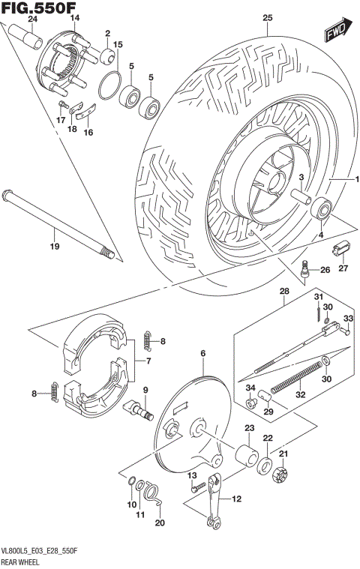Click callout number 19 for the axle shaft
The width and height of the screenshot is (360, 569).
[53, 247]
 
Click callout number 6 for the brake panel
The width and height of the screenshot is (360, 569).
[202, 352]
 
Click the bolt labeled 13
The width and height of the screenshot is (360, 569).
[198, 488]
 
